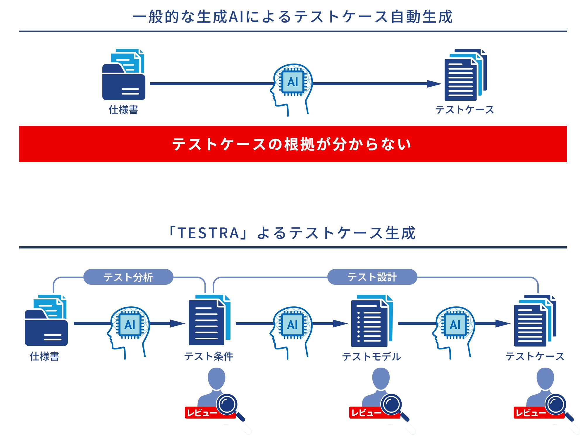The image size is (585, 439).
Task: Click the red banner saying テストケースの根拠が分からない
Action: tap(292, 144)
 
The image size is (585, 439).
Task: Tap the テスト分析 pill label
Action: tap(128, 277)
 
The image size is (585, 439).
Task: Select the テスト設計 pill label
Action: tap(372, 277)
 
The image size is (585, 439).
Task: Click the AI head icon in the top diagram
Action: tap(292, 85)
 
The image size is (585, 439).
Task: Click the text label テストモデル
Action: tap(371, 356)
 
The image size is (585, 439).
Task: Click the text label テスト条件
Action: tap(209, 356)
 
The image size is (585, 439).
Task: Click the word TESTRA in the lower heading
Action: tap(209, 233)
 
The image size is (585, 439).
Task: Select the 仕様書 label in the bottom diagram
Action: tap(44, 356)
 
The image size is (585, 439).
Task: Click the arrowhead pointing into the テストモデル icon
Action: tap(340, 323)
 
